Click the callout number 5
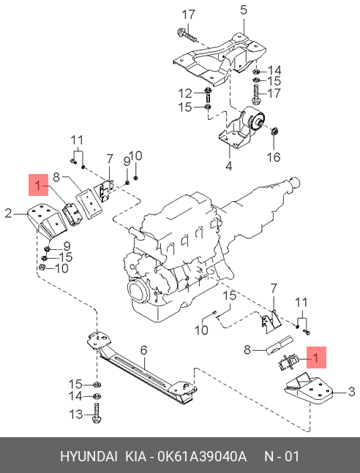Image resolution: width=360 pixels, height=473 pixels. click(244, 10)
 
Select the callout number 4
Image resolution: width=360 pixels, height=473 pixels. click(228, 167)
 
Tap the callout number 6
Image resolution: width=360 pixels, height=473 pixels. click(144, 350)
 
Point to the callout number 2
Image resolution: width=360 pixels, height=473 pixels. click(8, 213)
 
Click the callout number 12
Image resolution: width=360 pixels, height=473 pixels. click(186, 93)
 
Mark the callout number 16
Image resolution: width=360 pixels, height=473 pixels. click(274, 156)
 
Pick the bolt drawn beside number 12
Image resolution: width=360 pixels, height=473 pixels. click(208, 93)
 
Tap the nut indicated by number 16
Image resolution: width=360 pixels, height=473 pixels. click(275, 132)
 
